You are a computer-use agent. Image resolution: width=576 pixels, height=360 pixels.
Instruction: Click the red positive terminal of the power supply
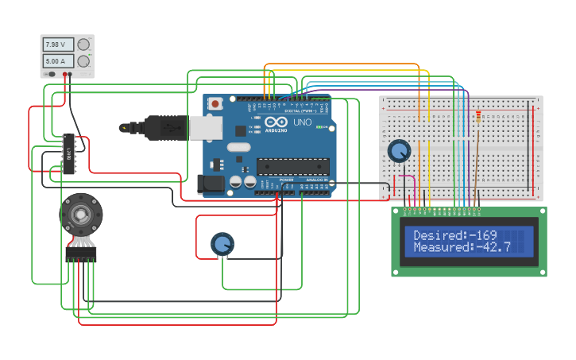64,74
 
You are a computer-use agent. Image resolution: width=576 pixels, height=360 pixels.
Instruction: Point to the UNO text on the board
303,123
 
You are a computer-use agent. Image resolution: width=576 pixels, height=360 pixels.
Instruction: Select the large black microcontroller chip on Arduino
292,166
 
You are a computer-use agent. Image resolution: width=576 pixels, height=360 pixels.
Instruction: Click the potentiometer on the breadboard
399,149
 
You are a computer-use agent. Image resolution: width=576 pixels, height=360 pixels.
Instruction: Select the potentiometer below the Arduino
222,243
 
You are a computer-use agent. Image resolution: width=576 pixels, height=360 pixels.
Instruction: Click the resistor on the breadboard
477,116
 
